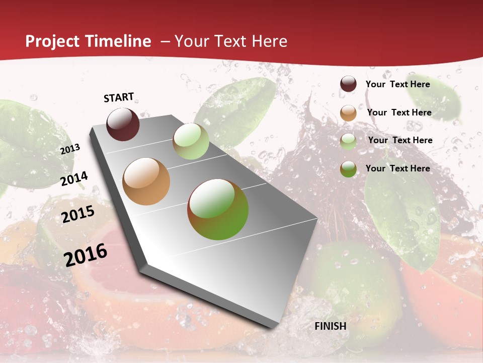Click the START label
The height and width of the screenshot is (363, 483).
(x=119, y=97)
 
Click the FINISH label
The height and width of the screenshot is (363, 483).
(x=331, y=326)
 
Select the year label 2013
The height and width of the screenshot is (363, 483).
(x=70, y=149)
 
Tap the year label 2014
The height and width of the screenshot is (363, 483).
(x=74, y=178)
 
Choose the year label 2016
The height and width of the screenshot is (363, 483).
(x=86, y=255)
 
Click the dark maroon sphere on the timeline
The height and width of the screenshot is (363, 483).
(x=123, y=124)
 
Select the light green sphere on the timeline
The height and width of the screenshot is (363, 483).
(x=191, y=141)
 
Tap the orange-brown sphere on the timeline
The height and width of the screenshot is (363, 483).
(x=146, y=181)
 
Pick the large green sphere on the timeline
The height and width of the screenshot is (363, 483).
(x=218, y=209)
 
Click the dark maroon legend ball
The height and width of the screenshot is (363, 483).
(x=348, y=84)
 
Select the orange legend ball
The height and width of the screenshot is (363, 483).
(x=348, y=113)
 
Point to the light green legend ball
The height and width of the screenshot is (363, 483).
(x=348, y=141)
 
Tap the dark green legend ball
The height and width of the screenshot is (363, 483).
(x=348, y=169)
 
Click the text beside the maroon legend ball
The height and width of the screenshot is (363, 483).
(x=397, y=84)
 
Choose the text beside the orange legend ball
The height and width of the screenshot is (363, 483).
(x=399, y=112)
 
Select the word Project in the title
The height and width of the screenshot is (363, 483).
(x=52, y=41)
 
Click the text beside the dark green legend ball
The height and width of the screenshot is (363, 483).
(x=397, y=168)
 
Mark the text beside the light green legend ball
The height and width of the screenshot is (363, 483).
(x=400, y=140)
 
